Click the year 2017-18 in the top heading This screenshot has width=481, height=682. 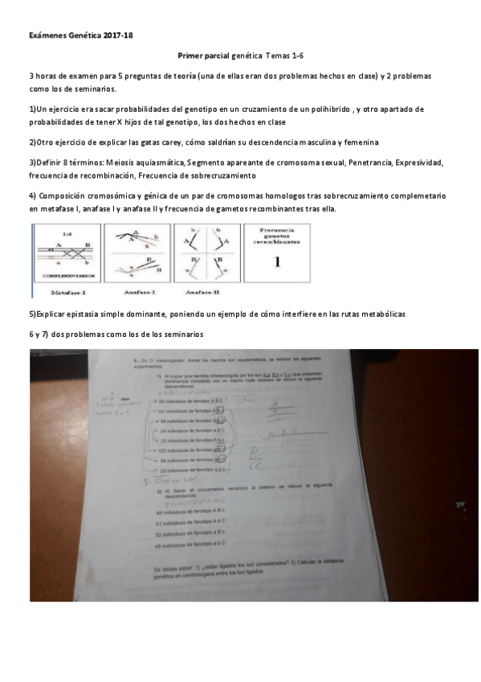coord(117,36)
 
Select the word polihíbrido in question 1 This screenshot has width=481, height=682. coord(332,109)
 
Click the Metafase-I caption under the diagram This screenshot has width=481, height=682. coord(67,292)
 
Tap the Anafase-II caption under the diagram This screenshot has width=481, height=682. coord(197,292)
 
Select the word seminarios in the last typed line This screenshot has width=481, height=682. coord(184,334)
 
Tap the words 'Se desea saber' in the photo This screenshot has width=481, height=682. coord(172,569)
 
